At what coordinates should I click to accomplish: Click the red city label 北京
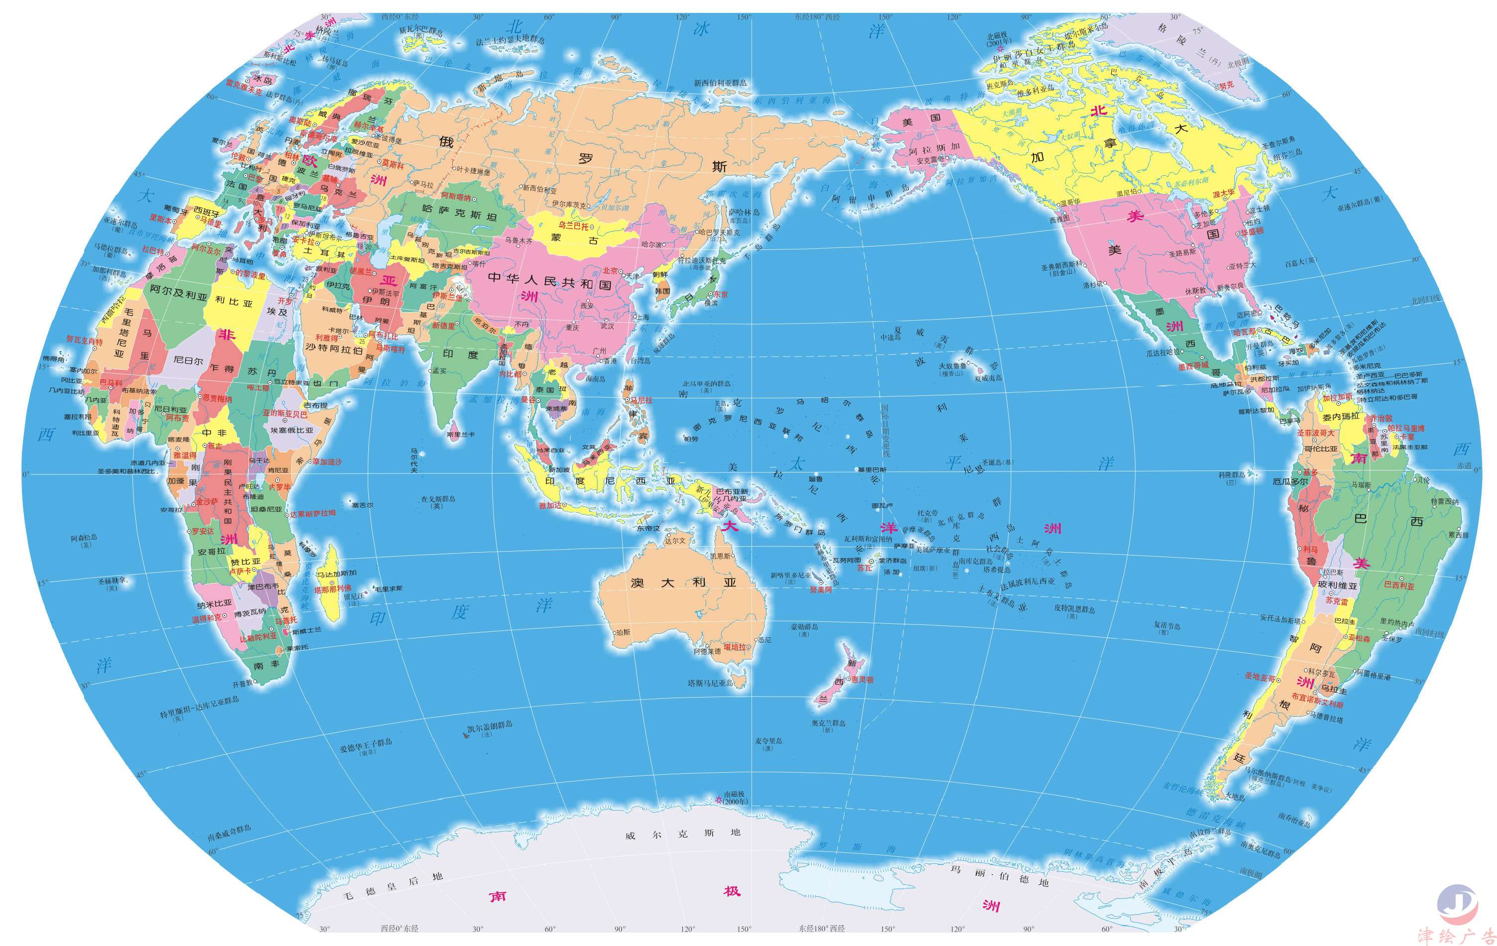(610, 270)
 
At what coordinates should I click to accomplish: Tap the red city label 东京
(720, 294)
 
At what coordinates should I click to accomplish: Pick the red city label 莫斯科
(392, 165)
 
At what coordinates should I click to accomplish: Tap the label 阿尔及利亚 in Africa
(179, 292)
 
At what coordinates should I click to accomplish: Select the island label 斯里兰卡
(460, 435)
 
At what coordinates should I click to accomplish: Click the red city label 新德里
(443, 325)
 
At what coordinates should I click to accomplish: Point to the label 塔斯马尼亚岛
(710, 683)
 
